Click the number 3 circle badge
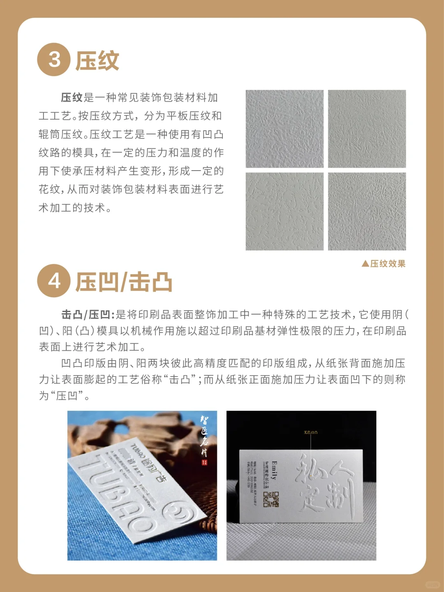coord(54,60)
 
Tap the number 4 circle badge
coord(54,281)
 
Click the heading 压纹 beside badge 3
coord(97,61)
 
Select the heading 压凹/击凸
coord(124,282)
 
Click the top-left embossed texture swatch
coord(284,129)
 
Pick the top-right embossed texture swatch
coord(367,129)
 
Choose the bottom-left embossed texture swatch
coord(284,211)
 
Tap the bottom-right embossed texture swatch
coord(367,211)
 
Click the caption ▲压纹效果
coord(384,264)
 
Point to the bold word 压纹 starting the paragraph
coord(72,98)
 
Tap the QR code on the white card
coord(271,499)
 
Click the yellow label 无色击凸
coord(310,432)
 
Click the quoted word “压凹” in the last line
coord(67,396)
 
